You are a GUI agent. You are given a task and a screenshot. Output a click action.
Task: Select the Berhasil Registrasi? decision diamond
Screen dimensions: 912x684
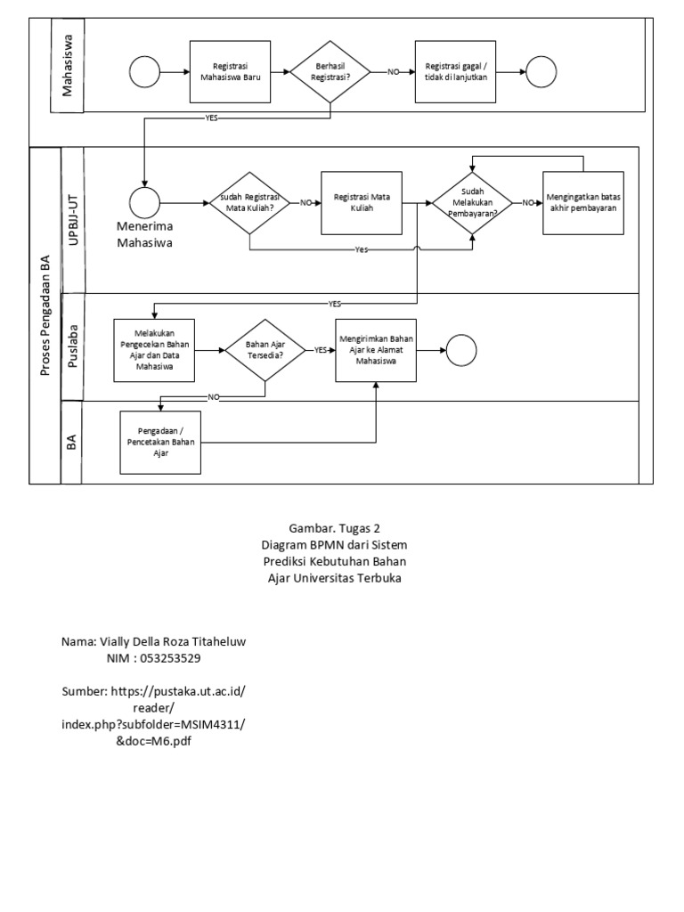pos(330,71)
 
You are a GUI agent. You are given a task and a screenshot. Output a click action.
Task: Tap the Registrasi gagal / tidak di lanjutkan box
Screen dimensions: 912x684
pos(455,71)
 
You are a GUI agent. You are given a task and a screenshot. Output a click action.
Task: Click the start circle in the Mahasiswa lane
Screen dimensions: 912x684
pos(143,71)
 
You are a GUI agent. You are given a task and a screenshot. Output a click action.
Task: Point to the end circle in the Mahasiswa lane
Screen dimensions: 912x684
pos(541,71)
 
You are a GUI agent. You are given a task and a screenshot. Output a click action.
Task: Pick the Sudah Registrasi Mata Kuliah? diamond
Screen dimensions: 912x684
pos(248,202)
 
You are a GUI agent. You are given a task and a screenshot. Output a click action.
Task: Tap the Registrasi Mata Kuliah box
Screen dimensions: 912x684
pos(361,202)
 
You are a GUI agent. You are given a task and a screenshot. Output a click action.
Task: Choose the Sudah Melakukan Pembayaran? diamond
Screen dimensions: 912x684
pos(473,202)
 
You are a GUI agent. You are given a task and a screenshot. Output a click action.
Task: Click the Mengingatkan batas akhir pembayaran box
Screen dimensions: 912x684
pos(583,202)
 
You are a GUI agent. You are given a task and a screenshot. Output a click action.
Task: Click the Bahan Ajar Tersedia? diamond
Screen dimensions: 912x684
pos(265,351)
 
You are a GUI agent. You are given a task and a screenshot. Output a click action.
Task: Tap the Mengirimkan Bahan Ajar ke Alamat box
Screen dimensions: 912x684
pos(377,351)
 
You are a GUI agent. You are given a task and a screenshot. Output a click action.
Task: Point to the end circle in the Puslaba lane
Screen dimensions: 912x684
pos(462,351)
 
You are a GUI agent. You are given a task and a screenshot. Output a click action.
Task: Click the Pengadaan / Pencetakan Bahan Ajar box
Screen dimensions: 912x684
pos(161,441)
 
